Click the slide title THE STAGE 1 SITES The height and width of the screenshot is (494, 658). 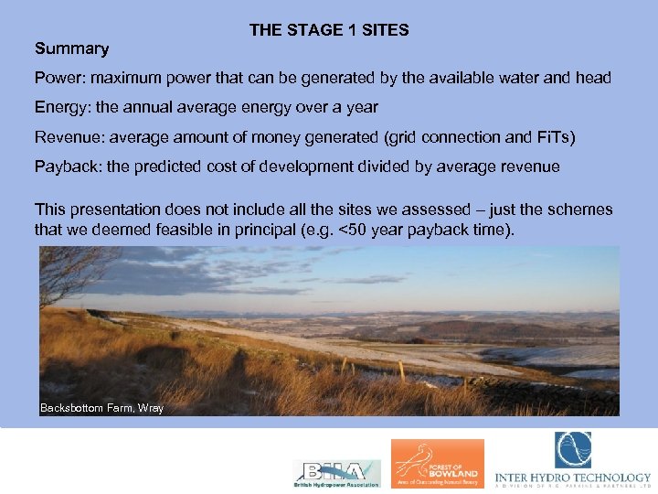tap(329, 30)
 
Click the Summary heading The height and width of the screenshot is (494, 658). tap(71, 48)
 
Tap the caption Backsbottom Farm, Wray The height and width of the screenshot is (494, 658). tap(101, 408)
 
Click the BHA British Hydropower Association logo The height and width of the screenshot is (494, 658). tap(335, 471)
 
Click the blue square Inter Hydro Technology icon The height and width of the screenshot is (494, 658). tap(572, 450)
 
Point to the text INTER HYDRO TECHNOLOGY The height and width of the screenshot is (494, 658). tap(573, 478)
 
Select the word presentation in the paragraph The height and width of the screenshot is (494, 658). tap(111, 209)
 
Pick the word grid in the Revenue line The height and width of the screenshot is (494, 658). tap(404, 138)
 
